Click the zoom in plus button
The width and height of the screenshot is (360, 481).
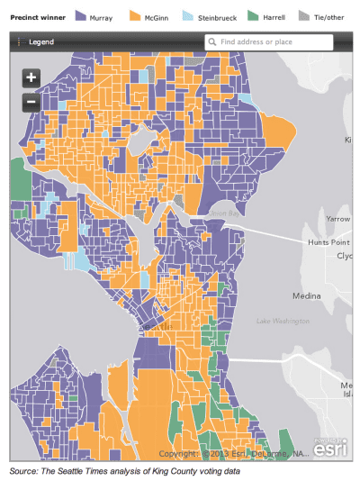point(31,77)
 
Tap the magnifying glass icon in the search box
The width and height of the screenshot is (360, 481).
point(212,41)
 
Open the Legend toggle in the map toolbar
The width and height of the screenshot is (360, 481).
point(36,42)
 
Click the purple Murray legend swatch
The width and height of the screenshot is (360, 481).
point(80,15)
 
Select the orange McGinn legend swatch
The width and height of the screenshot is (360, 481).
point(137,15)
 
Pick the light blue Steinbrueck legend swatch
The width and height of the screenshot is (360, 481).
point(186,15)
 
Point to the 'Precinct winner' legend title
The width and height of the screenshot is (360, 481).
point(36,16)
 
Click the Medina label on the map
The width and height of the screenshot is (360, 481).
point(307,295)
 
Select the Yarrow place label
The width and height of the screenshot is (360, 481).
point(337,219)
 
